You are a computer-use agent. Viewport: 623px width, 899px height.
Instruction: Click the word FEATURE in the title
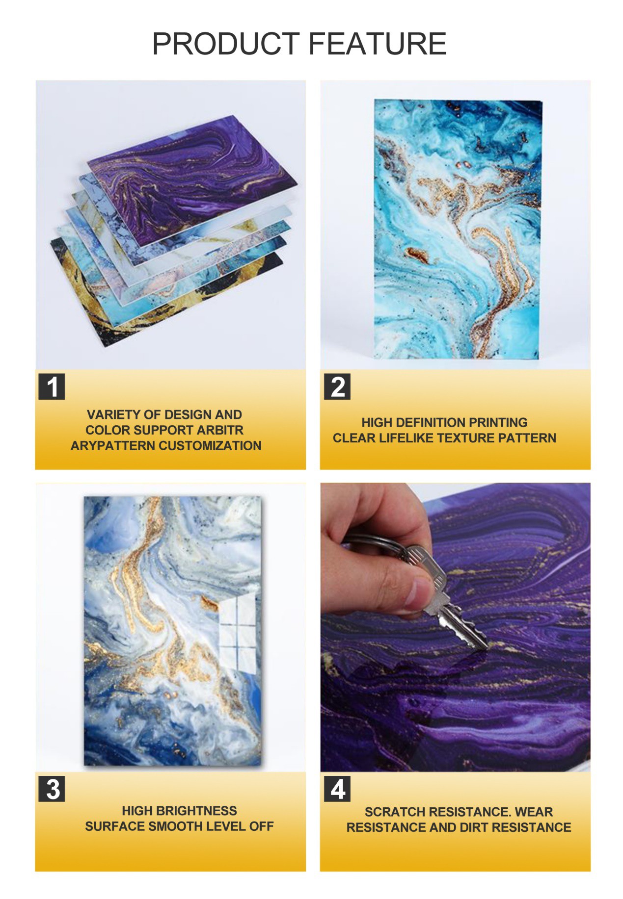(378, 44)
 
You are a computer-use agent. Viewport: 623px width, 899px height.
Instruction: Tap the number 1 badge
(52, 386)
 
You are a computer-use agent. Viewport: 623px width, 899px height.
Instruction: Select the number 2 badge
(337, 386)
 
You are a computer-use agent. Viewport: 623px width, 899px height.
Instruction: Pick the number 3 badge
(52, 789)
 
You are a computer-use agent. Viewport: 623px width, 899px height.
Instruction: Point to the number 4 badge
(337, 789)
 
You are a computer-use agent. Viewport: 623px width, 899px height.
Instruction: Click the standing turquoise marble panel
(458, 229)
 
